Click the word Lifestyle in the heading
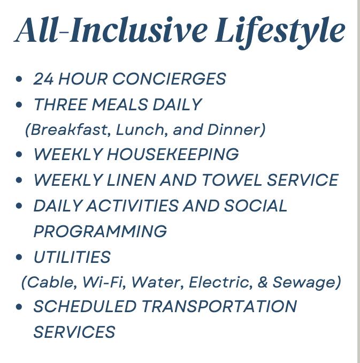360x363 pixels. [x=280, y=32]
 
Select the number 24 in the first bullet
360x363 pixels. [x=44, y=79]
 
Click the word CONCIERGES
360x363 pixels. [x=169, y=79]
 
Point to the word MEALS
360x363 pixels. [x=120, y=104]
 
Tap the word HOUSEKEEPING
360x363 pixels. [x=173, y=154]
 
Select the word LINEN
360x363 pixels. [x=131, y=180]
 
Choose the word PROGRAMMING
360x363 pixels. [x=100, y=231]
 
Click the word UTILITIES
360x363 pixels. [x=72, y=257]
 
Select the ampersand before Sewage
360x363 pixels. [x=262, y=282]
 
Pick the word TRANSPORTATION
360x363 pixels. [x=219, y=306]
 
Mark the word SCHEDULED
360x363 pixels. [x=85, y=306]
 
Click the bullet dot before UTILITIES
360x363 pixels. [x=19, y=257]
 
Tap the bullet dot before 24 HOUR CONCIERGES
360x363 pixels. [x=19, y=79]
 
